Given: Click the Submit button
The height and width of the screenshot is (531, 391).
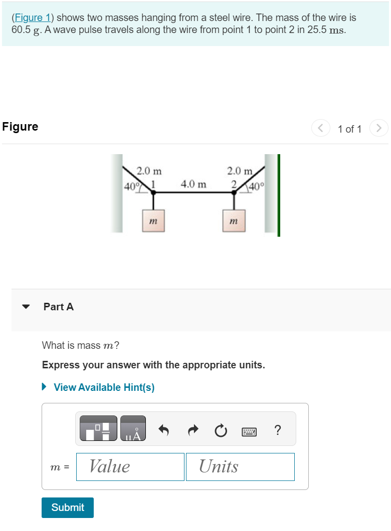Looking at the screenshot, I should click(x=68, y=507).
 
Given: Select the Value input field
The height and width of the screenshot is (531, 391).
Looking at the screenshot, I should click(x=130, y=466).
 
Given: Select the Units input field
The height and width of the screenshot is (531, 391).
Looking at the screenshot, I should click(x=240, y=466).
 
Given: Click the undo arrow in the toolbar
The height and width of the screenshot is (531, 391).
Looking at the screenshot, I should click(x=163, y=429).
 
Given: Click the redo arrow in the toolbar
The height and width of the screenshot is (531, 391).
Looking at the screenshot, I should click(x=192, y=429).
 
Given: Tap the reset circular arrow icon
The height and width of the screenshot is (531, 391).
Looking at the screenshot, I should click(x=221, y=429).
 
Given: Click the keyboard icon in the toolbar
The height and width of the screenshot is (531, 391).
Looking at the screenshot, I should click(x=249, y=430).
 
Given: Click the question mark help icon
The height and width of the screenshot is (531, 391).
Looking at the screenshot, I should click(x=278, y=429).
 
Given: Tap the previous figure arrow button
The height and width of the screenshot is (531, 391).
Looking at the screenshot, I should click(x=321, y=129).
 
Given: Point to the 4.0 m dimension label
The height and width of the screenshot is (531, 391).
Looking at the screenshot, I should click(x=193, y=184).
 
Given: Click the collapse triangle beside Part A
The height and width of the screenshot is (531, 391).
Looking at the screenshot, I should click(x=27, y=307).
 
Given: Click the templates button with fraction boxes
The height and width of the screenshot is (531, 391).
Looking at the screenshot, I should click(x=98, y=428).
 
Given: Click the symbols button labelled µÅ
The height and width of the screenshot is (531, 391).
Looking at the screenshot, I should click(x=133, y=428).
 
